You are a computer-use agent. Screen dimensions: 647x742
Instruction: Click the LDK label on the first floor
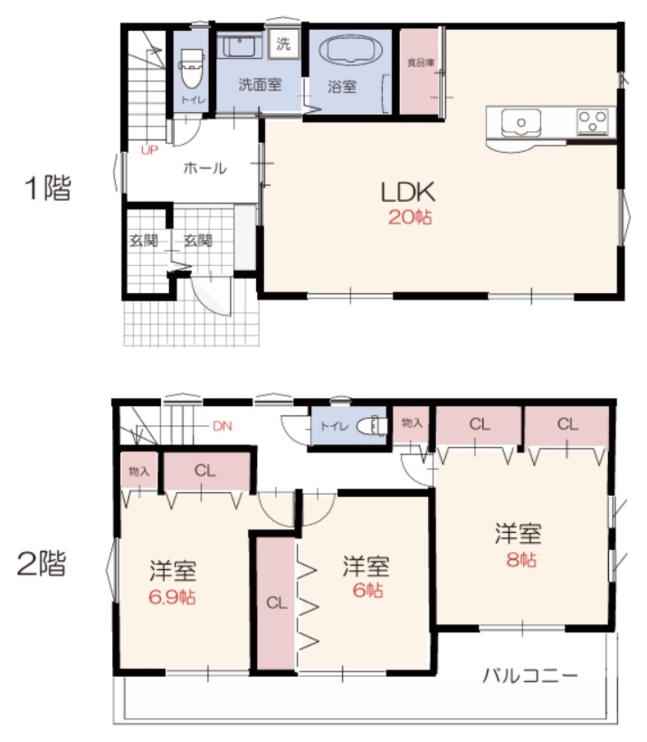(x=408, y=192)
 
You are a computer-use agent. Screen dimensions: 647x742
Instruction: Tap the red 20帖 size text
(x=410, y=217)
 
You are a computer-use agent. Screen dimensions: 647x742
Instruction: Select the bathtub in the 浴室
(x=350, y=51)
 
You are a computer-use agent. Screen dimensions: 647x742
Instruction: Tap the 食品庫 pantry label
(x=421, y=63)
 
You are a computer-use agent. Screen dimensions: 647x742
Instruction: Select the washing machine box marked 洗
(x=283, y=43)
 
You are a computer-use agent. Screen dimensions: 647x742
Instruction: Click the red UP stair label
(x=150, y=150)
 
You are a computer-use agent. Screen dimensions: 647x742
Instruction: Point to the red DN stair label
(x=222, y=426)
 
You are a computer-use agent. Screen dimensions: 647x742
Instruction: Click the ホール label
(x=205, y=168)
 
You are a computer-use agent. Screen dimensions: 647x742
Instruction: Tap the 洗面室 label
(x=260, y=85)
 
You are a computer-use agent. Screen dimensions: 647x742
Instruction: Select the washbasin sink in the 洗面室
(x=239, y=47)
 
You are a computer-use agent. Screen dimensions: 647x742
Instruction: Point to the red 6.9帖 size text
(x=172, y=597)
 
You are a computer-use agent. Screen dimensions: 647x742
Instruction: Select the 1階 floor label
(x=48, y=188)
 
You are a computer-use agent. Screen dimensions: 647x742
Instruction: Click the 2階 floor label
(x=42, y=563)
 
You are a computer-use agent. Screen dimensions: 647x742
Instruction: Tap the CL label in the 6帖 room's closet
(x=277, y=603)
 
